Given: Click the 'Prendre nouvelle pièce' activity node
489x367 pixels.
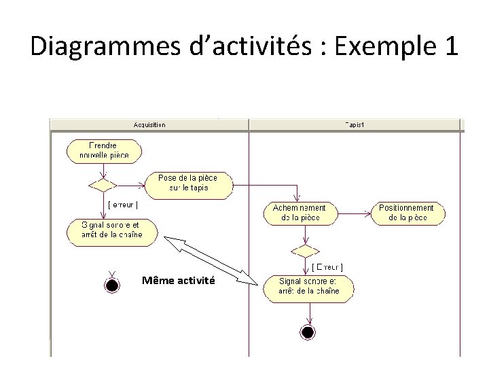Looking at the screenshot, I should (103, 151).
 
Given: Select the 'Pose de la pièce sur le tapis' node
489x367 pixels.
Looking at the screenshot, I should (189, 183).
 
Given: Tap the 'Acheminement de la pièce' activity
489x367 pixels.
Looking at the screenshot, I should (300, 213).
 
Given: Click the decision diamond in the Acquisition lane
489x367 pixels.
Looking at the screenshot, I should (104, 183).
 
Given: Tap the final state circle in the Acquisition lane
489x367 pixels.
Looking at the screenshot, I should (112, 283).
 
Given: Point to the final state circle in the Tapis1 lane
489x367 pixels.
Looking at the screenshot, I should (308, 332).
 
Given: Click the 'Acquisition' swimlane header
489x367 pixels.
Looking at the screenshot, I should (150, 125).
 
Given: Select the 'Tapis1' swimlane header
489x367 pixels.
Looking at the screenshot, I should (356, 125).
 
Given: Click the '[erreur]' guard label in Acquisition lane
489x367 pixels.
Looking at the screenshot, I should (123, 205).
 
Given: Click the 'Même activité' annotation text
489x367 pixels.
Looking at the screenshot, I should (179, 280).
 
